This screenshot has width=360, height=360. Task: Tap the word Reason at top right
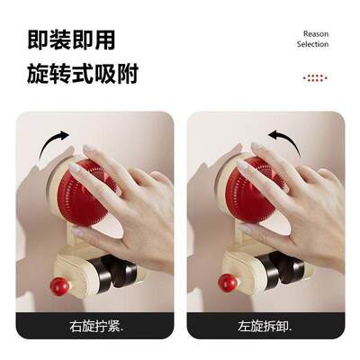[316, 33]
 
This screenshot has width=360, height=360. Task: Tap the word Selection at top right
[313, 44]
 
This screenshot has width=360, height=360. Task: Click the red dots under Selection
[315, 78]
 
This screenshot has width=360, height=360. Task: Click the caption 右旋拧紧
[95, 325]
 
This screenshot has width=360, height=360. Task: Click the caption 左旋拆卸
[265, 325]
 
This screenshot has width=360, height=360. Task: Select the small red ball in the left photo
[59, 287]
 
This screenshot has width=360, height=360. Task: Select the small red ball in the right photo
[228, 283]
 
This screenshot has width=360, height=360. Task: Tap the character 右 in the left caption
[75, 325]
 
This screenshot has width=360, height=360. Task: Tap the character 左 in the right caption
[246, 325]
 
